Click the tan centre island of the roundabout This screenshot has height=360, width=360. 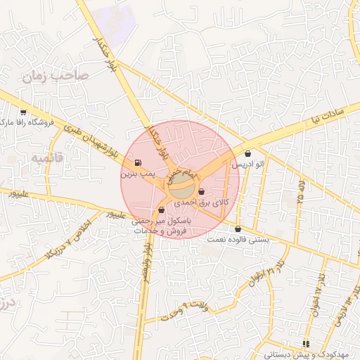pyautogui.click(x=182, y=187)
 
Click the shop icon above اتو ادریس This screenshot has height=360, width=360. pyautogui.click(x=248, y=154)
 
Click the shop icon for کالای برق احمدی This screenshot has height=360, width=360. pyautogui.click(x=202, y=191)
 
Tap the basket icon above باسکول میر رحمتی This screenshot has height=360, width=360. pyautogui.click(x=162, y=210)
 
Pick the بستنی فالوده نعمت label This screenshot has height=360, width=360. pyautogui.click(x=238, y=239)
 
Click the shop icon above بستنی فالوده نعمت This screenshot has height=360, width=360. pyautogui.click(x=238, y=229)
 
